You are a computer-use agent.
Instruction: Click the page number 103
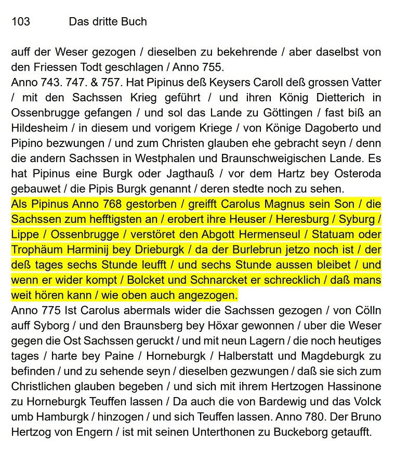[x=21, y=22]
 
